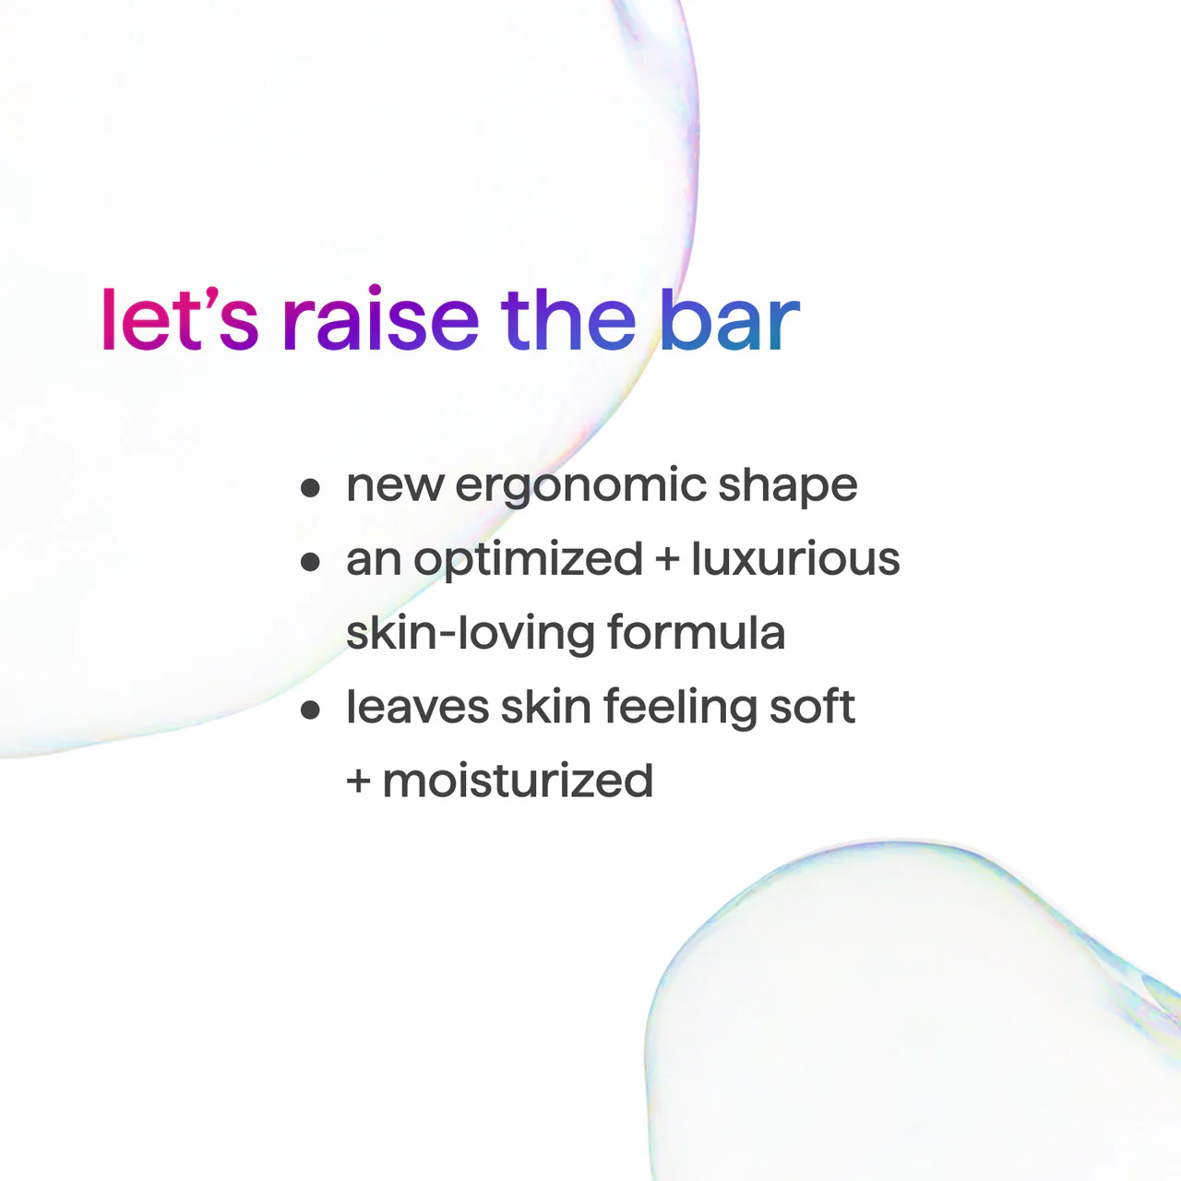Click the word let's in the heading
180,320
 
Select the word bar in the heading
729,320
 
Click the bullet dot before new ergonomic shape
311,487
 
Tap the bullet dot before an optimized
311,561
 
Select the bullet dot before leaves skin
311,709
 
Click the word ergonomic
580,486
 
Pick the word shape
787,486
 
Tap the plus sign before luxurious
666,560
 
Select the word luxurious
795,559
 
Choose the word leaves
417,708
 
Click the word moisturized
518,781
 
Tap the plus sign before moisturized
358,781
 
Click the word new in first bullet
394,486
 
